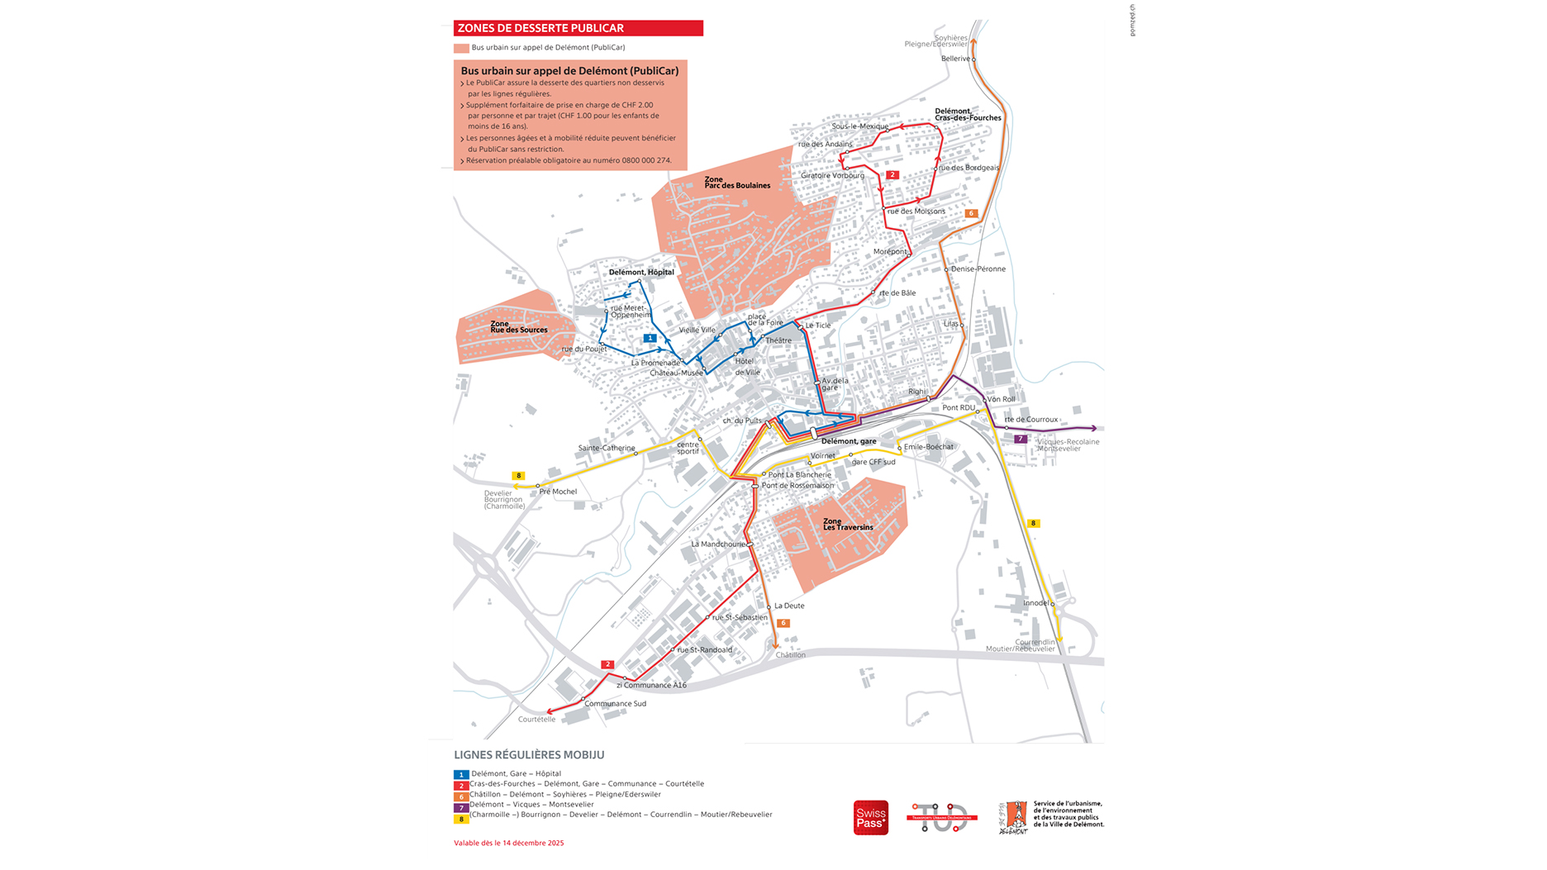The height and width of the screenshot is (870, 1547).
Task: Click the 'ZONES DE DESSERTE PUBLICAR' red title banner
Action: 578,28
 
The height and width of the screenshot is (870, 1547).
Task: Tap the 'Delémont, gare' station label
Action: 849,441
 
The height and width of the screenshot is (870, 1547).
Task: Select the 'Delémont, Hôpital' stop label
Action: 641,272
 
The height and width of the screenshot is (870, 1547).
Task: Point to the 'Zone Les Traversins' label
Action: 847,525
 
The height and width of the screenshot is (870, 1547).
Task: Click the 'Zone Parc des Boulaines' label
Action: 736,183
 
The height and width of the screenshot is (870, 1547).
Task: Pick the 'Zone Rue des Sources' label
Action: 518,327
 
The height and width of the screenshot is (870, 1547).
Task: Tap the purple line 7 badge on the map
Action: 1021,439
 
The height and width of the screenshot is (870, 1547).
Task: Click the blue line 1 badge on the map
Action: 650,338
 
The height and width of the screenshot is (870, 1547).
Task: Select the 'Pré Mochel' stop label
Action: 558,492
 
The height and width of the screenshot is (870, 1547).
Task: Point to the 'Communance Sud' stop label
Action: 615,704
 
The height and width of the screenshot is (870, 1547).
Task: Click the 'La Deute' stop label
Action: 788,606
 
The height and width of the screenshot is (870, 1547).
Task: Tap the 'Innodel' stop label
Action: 1035,603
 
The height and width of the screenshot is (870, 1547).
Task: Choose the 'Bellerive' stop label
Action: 955,59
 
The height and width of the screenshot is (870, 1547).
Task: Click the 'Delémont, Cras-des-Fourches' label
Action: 967,115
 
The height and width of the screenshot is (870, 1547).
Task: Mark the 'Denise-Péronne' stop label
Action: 978,269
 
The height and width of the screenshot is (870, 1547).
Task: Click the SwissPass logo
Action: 870,818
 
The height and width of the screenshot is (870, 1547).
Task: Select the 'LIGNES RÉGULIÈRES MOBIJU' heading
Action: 529,755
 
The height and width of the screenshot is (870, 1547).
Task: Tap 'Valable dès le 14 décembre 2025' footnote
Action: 508,843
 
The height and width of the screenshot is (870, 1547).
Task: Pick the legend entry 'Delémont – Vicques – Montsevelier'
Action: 531,804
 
